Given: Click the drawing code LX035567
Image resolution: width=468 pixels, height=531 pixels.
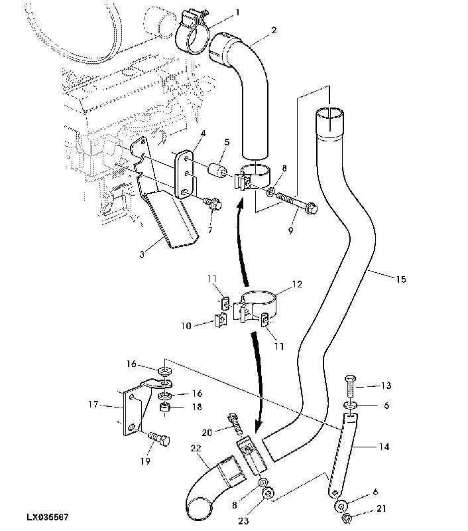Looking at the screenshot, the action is point(48,517).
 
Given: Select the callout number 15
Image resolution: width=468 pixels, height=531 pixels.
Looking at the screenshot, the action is point(400,279).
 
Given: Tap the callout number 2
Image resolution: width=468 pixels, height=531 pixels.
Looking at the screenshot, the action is point(274,30).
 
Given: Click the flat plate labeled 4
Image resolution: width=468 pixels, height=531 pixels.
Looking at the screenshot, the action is point(185,175).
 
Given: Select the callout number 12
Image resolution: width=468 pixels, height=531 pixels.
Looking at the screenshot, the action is point(297,284).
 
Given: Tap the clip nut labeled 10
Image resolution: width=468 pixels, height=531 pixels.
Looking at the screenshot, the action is point(220,321).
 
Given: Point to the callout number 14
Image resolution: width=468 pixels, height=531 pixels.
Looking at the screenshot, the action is point(384,447).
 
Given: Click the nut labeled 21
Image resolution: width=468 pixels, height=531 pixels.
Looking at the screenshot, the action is point(346,518).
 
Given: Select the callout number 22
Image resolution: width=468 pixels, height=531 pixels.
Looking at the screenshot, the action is point(196,448).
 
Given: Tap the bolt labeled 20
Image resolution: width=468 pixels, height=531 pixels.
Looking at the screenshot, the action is point(236,423).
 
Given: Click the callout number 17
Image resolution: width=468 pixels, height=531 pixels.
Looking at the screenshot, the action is point(93,404).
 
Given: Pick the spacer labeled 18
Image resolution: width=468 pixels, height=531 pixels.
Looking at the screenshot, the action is point(164,407).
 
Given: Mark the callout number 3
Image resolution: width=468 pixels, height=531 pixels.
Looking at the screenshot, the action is point(142,254).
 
